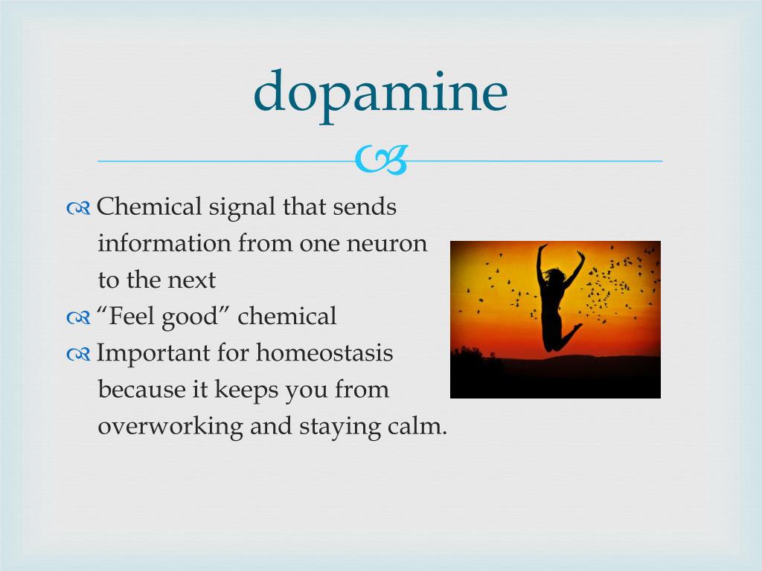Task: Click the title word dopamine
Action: point(380,93)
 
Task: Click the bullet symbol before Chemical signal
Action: point(78,208)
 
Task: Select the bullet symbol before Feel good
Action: point(78,318)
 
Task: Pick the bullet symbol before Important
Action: point(78,355)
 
